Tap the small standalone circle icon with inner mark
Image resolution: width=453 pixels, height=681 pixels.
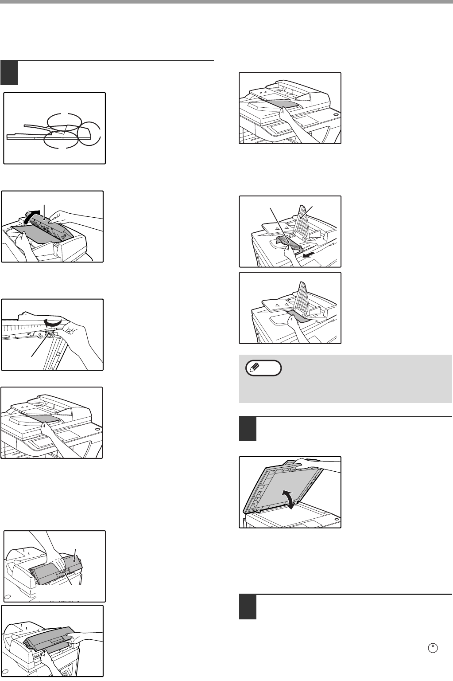(x=433, y=648)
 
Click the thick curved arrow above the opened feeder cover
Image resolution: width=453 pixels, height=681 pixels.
(x=31, y=216)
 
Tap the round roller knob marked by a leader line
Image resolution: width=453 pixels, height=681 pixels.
(x=50, y=334)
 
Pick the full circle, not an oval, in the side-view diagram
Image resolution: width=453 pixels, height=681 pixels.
(x=89, y=134)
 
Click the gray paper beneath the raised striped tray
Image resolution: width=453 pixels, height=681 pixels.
(x=299, y=316)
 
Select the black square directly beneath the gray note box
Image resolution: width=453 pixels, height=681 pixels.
(x=248, y=429)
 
